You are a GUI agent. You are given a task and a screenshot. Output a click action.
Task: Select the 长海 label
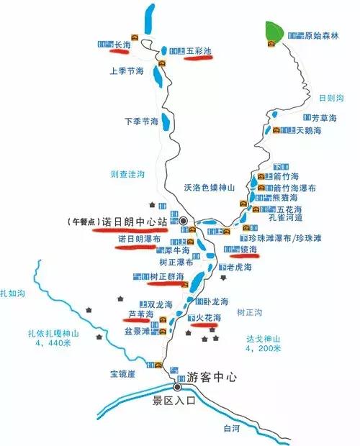(122, 45)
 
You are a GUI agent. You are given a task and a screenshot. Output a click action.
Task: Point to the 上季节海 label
(127, 72)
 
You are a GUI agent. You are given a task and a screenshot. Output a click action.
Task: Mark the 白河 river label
(230, 429)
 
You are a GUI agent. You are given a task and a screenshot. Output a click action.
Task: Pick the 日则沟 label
(330, 97)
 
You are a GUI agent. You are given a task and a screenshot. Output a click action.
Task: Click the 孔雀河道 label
(284, 217)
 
